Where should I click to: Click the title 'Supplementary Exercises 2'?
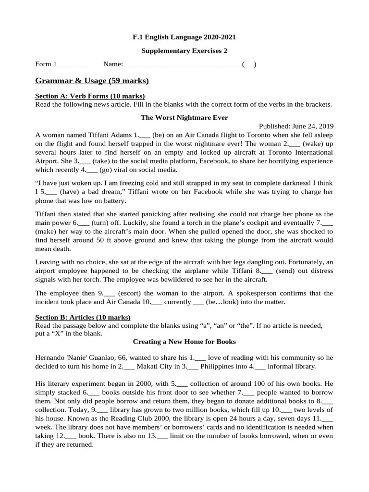click(184, 50)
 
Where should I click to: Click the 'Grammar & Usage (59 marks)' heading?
click(92, 80)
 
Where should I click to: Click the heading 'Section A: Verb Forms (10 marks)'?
click(90, 96)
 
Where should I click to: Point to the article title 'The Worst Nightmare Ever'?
click(184, 117)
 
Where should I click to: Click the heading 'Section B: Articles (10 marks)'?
click(83, 318)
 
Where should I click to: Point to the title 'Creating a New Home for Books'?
click(184, 342)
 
